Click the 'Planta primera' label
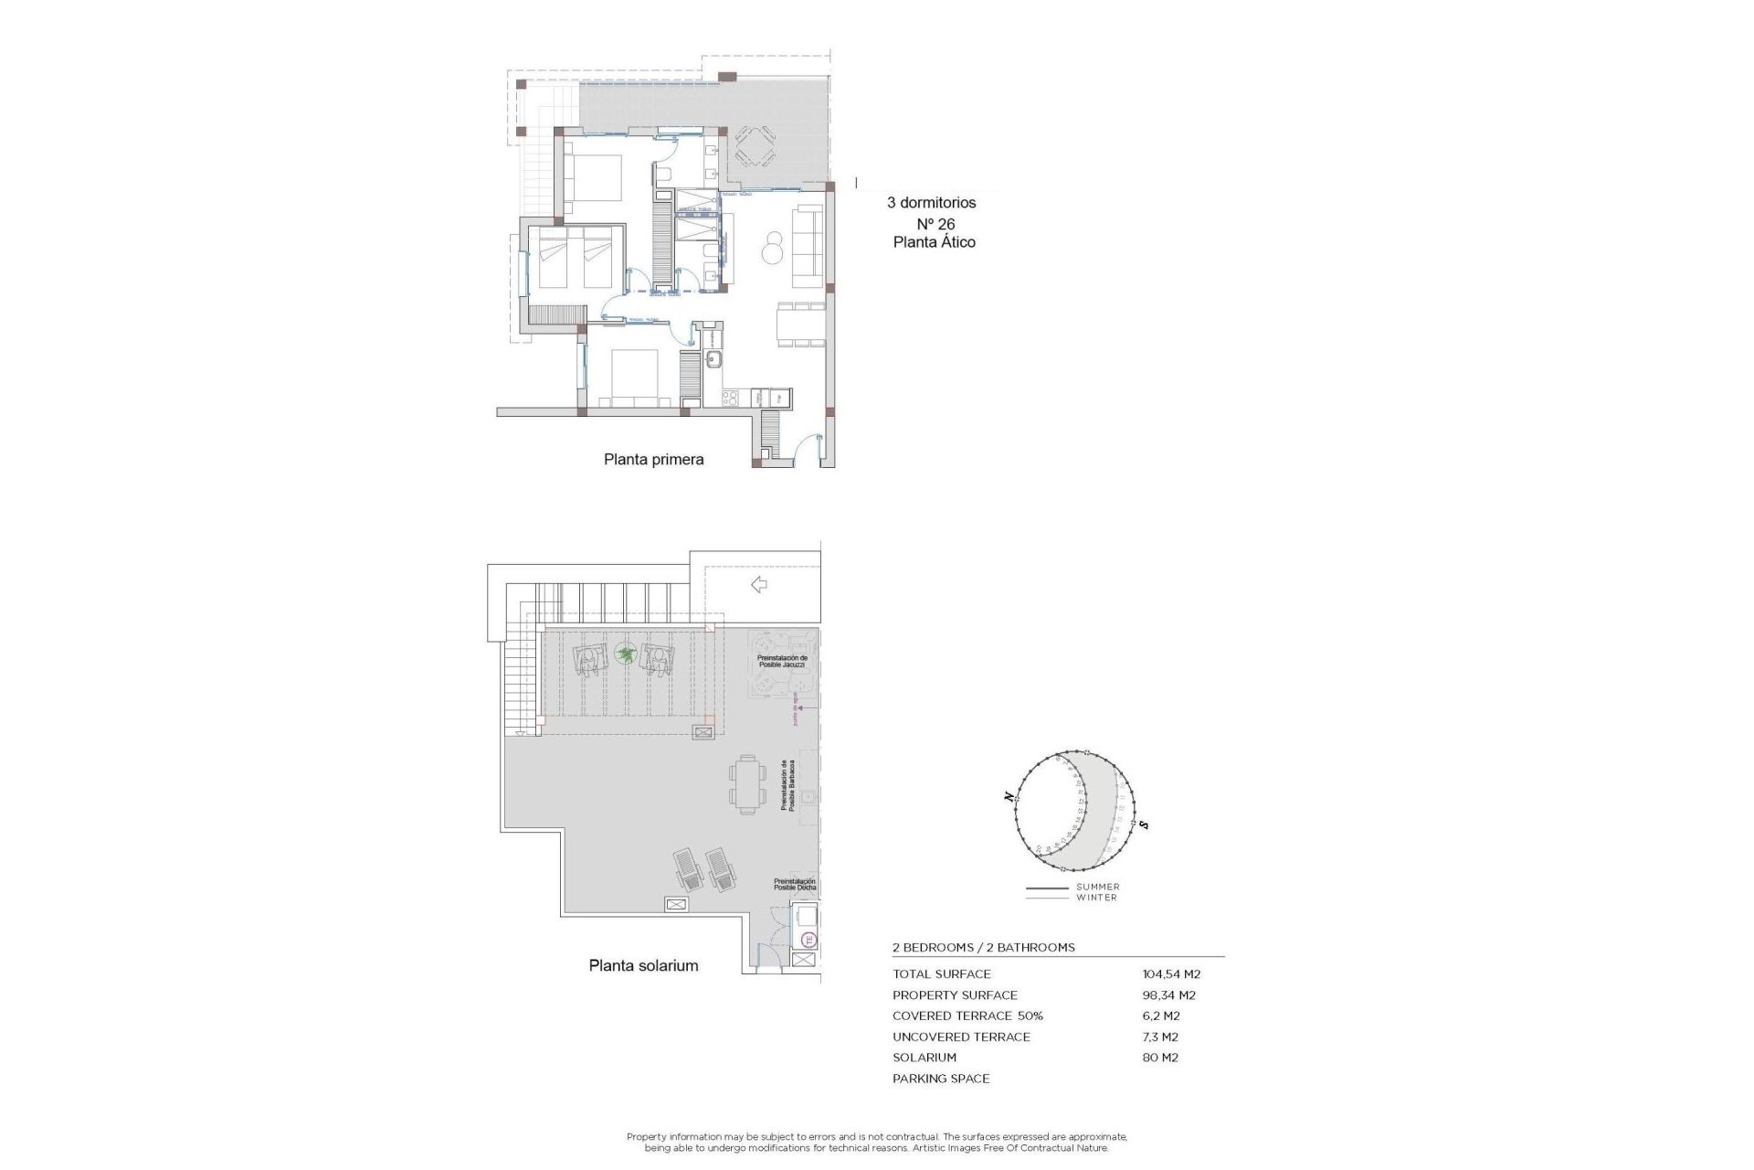653,460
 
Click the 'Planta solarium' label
643,965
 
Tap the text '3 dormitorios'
931,203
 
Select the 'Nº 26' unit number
935,224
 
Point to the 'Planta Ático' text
934,242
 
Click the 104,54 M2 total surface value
1171,974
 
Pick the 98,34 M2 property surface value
1168,995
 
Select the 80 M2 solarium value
1160,1058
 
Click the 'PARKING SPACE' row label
941,1079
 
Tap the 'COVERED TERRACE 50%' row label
967,1016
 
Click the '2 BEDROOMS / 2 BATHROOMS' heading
983,948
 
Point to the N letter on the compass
1009,797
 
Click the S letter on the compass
1144,825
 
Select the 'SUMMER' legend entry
1097,887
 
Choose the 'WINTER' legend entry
1096,898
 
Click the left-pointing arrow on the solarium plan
758,585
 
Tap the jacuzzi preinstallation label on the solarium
782,661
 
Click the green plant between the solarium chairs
626,654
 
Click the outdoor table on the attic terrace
754,147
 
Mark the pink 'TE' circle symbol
808,939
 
